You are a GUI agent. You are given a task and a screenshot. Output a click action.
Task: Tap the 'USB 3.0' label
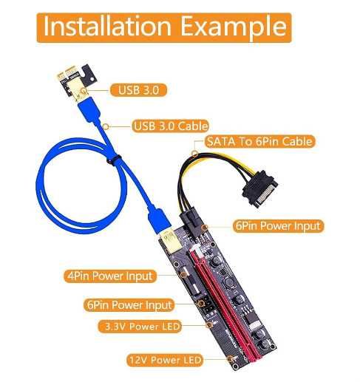tap(139, 90)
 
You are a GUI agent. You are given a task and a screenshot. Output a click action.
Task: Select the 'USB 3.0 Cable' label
tap(170, 126)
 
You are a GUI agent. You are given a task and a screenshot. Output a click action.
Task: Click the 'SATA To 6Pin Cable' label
tap(259, 141)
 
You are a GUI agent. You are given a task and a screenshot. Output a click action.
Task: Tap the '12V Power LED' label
tap(165, 360)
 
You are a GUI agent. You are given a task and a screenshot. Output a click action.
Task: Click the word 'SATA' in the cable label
tap(222, 141)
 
